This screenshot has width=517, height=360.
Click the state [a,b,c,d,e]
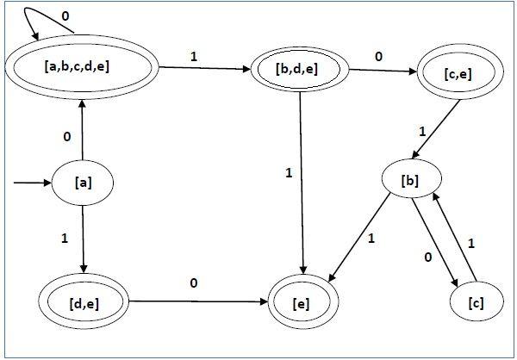click(84, 66)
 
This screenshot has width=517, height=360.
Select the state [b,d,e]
click(299, 65)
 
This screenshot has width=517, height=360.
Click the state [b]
click(412, 182)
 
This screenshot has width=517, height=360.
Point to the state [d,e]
click(84, 302)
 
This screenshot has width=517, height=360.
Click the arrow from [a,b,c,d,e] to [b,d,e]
click(199, 65)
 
